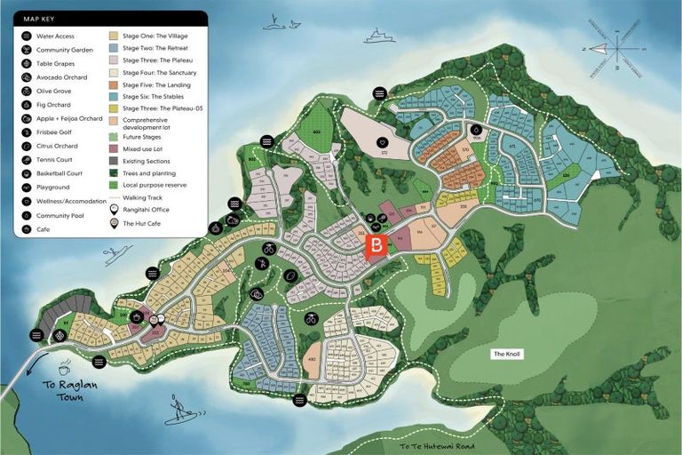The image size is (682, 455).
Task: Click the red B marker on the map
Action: click(377, 245)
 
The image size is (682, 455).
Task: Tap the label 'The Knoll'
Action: click(508, 354)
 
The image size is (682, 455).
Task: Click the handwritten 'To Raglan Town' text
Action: click(63, 392)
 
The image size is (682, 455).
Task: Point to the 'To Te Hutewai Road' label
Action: click(436, 446)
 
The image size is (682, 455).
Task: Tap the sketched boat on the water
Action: click(377, 36)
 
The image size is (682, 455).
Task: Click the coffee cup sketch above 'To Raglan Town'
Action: click(64, 369)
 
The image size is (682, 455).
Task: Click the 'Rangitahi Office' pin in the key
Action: click(114, 209)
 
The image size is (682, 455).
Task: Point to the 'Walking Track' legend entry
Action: click(142, 197)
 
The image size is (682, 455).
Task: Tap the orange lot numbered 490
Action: click(311, 359)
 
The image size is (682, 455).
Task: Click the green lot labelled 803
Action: click(316, 132)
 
